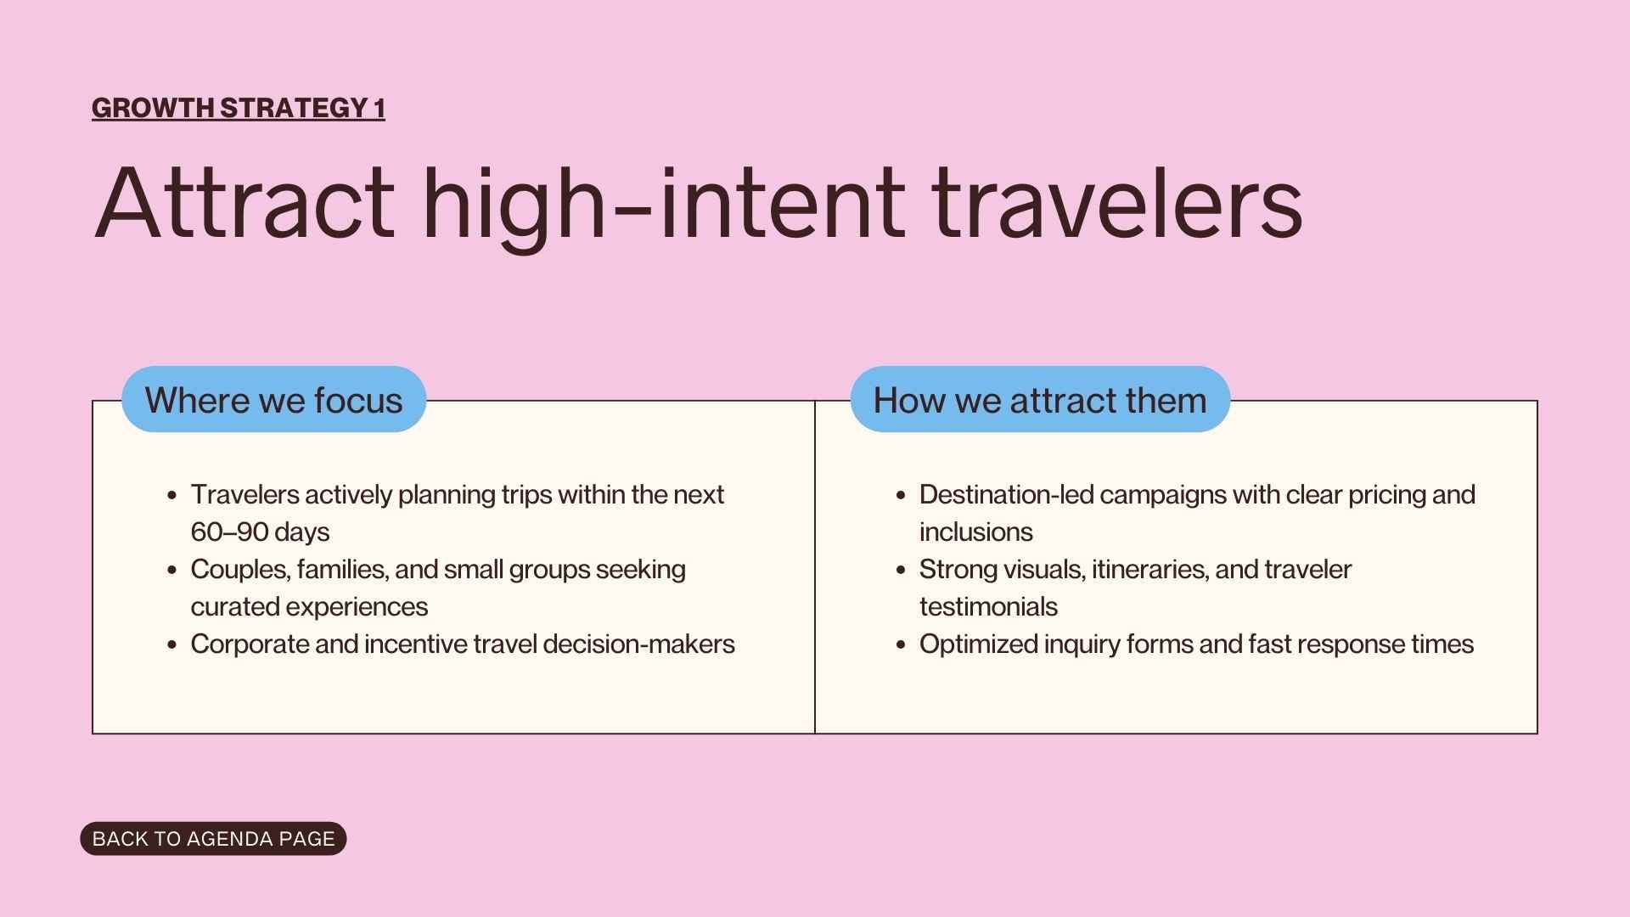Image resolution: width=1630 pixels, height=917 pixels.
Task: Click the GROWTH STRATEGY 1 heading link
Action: pyautogui.click(x=238, y=108)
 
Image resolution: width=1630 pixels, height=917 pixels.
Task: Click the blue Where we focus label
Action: pyautogui.click(x=273, y=400)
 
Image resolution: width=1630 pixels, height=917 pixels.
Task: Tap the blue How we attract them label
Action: pyautogui.click(x=1039, y=400)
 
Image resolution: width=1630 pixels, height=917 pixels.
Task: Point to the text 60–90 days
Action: pyautogui.click(x=260, y=532)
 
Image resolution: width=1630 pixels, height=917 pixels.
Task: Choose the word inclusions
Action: pyautogui.click(x=975, y=532)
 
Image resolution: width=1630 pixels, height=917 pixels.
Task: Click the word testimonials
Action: pyautogui.click(x=988, y=607)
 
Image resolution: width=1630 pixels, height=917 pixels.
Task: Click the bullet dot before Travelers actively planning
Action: pyautogui.click(x=172, y=496)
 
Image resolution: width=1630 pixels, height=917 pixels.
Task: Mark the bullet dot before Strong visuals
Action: pyautogui.click(x=901, y=571)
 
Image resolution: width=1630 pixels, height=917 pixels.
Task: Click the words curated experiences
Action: pyautogui.click(x=309, y=607)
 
